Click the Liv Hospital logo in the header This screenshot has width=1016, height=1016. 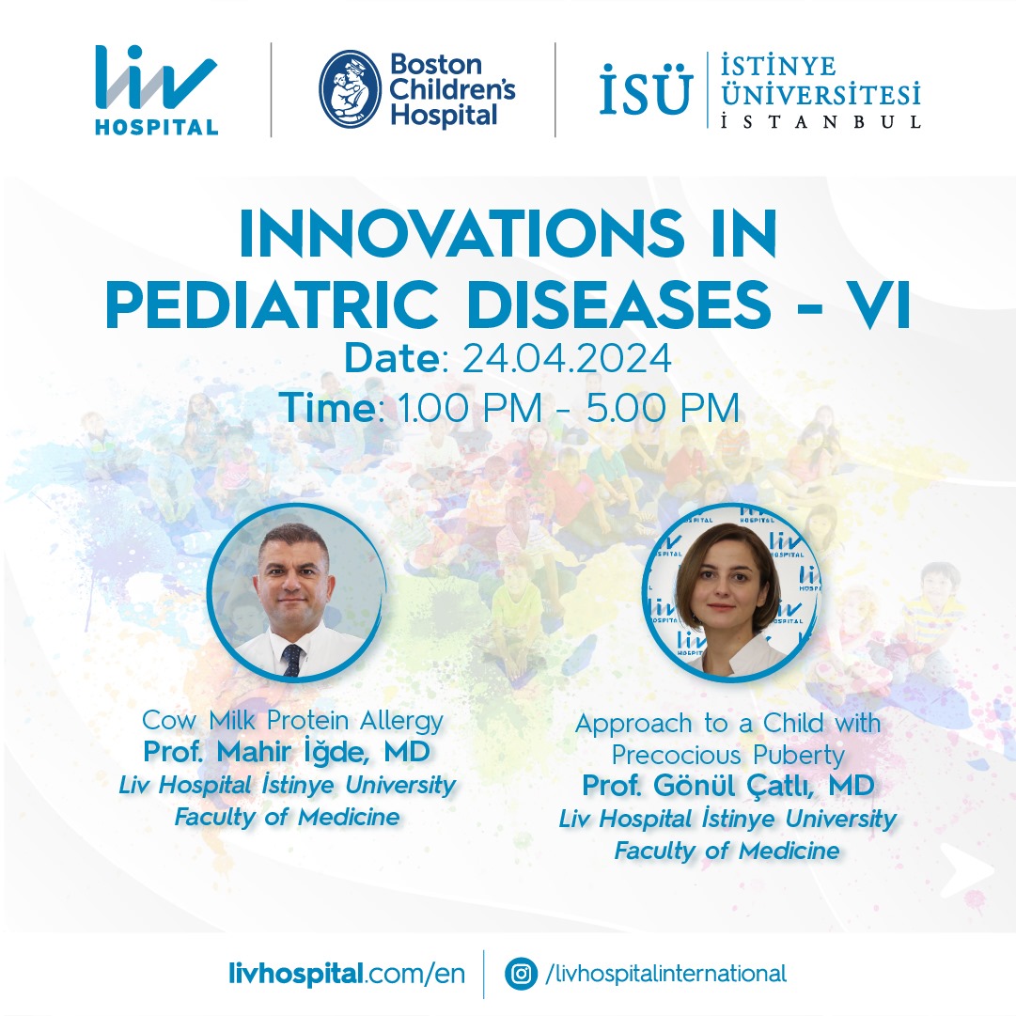pos(156,90)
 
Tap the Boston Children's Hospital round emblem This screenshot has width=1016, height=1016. pos(350,89)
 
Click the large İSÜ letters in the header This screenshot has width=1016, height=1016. pos(646,89)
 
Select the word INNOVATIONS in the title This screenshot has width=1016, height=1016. pos(461,233)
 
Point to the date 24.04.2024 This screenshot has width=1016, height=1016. pos(567,358)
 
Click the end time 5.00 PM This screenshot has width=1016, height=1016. pos(663,408)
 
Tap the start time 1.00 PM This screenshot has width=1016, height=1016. pos(469,408)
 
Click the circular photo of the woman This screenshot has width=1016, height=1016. pos(731,591)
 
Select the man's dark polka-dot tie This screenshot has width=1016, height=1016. pos(291,660)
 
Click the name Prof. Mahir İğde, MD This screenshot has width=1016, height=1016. pos(287,752)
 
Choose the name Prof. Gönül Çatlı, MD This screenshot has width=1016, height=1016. pos(728,786)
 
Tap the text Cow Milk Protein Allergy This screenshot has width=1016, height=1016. pos(293,720)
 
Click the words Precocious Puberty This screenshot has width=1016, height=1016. pos(728,755)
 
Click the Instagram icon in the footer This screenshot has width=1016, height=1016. pos(521,974)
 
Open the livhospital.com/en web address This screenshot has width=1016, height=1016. pos(347,974)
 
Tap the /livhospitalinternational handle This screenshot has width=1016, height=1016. pos(666,974)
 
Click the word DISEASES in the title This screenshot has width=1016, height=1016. pos(618,304)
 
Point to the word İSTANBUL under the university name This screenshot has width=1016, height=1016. pos(821,122)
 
